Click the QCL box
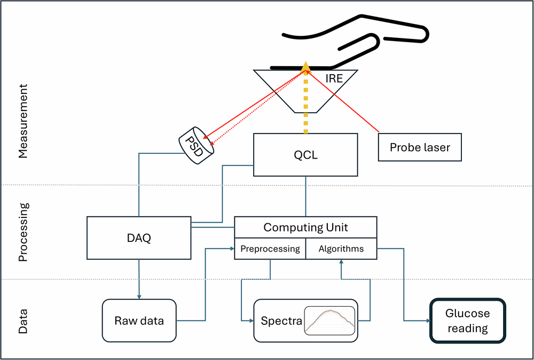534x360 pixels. coord(305,154)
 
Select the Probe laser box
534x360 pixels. coord(419,147)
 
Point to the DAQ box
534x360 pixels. coord(138,238)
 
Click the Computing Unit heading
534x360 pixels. coord(305,228)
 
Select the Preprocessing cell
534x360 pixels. coord(270,249)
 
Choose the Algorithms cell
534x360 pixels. coord(341,249)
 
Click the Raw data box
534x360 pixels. coord(139,320)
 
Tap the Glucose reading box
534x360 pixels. coord(467,320)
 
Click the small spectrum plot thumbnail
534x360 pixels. coord(329,320)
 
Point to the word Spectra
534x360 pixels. coord(281,321)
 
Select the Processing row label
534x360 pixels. coord(22,232)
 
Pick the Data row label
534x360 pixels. coord(22,320)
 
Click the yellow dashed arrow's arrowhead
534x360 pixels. coord(305,66)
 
